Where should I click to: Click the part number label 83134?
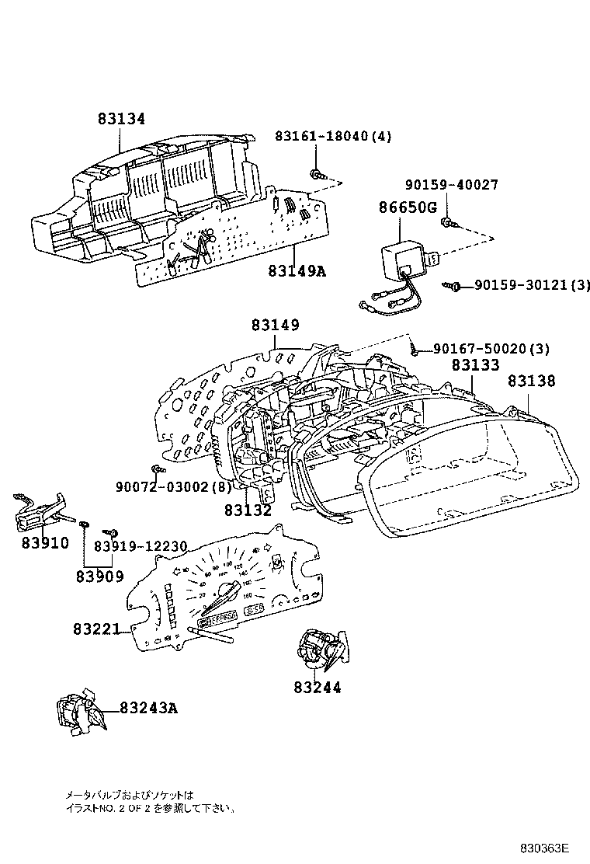[121, 119]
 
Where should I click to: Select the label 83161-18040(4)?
[333, 136]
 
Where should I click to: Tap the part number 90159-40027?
[451, 185]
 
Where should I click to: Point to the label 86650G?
[408, 207]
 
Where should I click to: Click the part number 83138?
[531, 381]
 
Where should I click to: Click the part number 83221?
[97, 629]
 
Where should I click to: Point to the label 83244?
[317, 687]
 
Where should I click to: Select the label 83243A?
[148, 708]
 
